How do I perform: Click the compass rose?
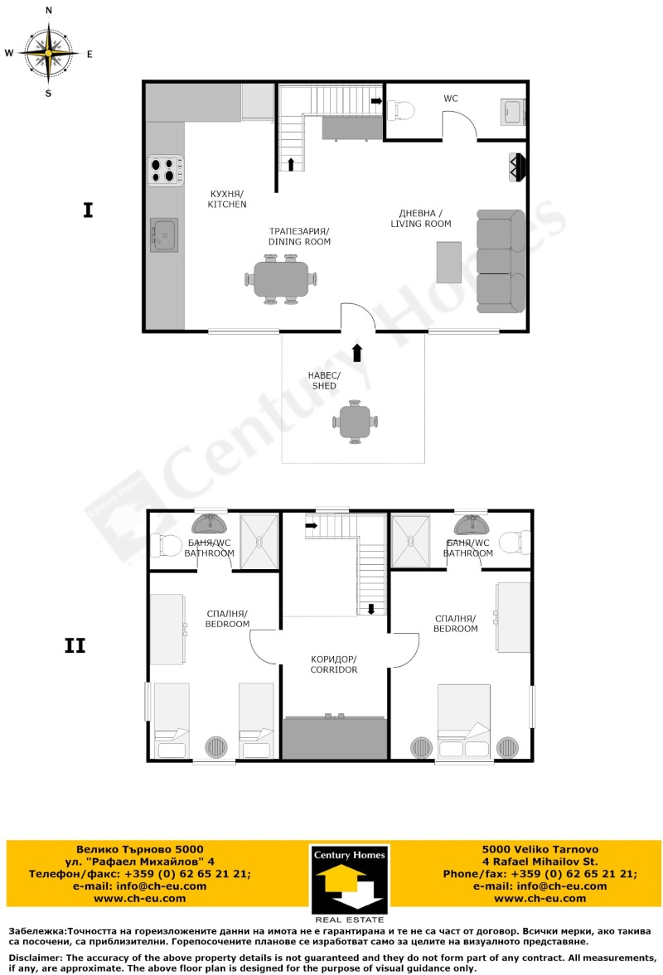pyautogui.click(x=48, y=52)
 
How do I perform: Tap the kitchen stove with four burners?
pyautogui.click(x=166, y=171)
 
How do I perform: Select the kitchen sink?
pyautogui.click(x=163, y=234)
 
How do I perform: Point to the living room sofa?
pyautogui.click(x=501, y=260)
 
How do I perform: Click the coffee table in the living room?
pyautogui.click(x=448, y=262)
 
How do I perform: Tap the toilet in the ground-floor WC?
pyautogui.click(x=401, y=109)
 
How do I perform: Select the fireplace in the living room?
pyautogui.click(x=517, y=167)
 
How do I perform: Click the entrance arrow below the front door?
pyautogui.click(x=357, y=352)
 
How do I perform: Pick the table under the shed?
pyautogui.click(x=356, y=422)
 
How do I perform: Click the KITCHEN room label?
pyautogui.click(x=227, y=199)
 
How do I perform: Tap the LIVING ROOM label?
pyautogui.click(x=421, y=219)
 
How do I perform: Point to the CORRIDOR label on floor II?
pyautogui.click(x=334, y=664)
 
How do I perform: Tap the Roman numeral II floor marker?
pyautogui.click(x=75, y=645)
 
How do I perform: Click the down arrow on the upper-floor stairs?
pyautogui.click(x=370, y=610)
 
